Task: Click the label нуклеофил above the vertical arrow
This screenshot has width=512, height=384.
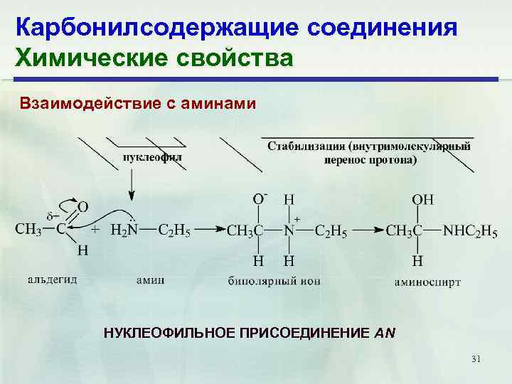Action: point(152,156)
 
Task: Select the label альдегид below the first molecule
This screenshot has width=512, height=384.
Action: point(53,279)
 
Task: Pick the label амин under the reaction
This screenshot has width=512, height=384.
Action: point(151,279)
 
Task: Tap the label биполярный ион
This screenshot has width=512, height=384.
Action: point(274,281)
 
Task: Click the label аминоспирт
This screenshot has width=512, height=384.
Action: point(427,282)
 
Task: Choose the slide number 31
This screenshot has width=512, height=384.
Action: point(476,360)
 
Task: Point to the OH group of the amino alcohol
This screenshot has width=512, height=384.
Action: point(423,201)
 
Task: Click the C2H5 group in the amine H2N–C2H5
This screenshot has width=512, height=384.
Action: point(174,230)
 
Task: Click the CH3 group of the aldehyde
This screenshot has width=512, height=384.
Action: point(28,229)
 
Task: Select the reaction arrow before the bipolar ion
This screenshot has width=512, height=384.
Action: point(210,230)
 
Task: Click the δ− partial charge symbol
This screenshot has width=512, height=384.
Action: point(54,215)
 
